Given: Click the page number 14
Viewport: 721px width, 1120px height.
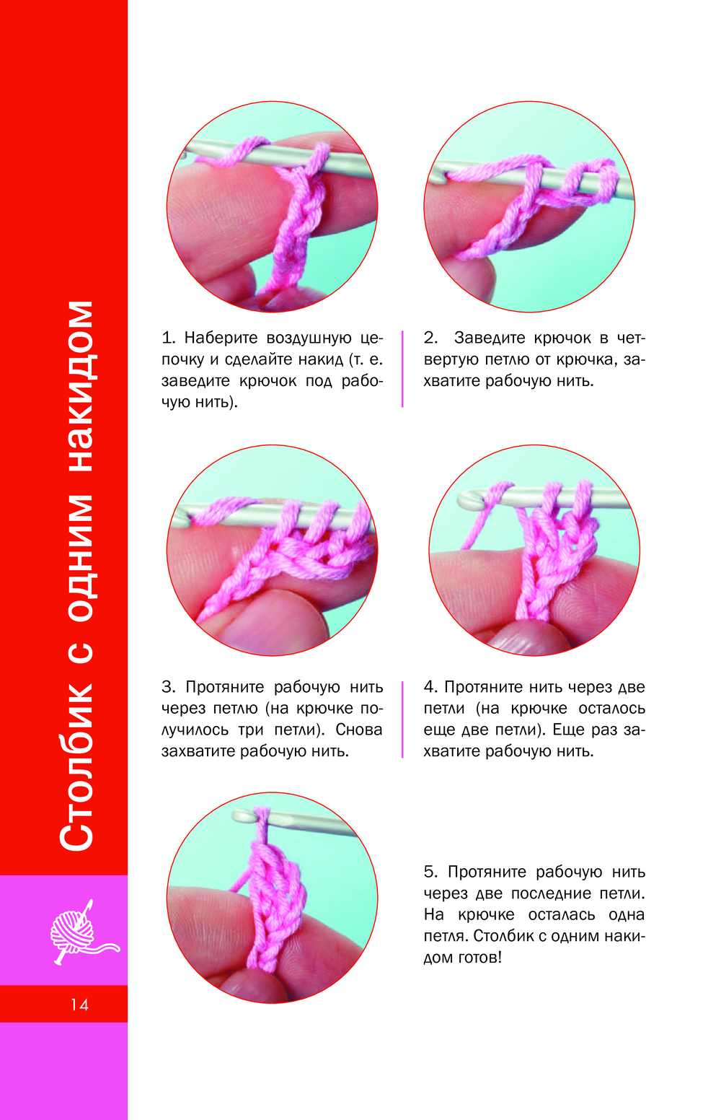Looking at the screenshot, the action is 79,1005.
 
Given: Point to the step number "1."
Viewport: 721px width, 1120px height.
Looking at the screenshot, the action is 169,338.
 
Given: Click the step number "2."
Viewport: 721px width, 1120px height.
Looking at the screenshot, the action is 430,338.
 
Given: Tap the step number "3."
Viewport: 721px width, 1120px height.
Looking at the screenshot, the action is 169,687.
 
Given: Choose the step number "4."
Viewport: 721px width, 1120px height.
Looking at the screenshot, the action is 430,687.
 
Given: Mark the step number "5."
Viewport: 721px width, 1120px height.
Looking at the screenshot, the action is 430,872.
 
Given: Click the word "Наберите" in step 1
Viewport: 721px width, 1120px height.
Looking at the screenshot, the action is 221,338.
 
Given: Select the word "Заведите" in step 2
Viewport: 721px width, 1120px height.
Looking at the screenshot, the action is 490,338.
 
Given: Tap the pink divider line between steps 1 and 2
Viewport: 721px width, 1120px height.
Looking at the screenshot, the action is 402,369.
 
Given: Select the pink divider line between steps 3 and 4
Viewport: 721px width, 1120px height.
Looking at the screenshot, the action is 402,719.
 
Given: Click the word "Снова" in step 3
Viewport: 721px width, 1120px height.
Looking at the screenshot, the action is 359,730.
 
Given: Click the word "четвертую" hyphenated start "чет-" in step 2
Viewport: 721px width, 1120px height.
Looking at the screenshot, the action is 631,338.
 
